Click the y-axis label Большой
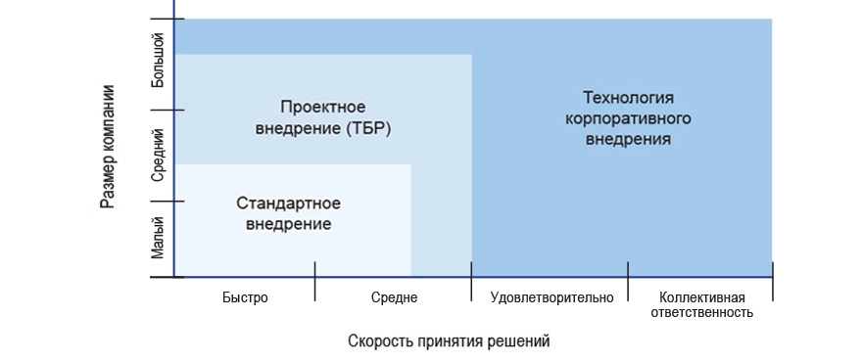159,66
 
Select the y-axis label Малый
159,239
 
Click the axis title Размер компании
108,147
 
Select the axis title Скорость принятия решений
449,340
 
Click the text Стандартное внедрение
288,213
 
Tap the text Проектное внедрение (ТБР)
322,116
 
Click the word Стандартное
288,203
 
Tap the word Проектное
322,106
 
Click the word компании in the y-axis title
108,115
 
